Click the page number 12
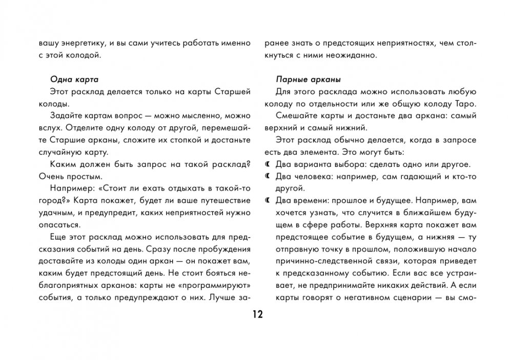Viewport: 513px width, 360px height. coord(257,313)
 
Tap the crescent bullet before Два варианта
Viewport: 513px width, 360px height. coord(268,164)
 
